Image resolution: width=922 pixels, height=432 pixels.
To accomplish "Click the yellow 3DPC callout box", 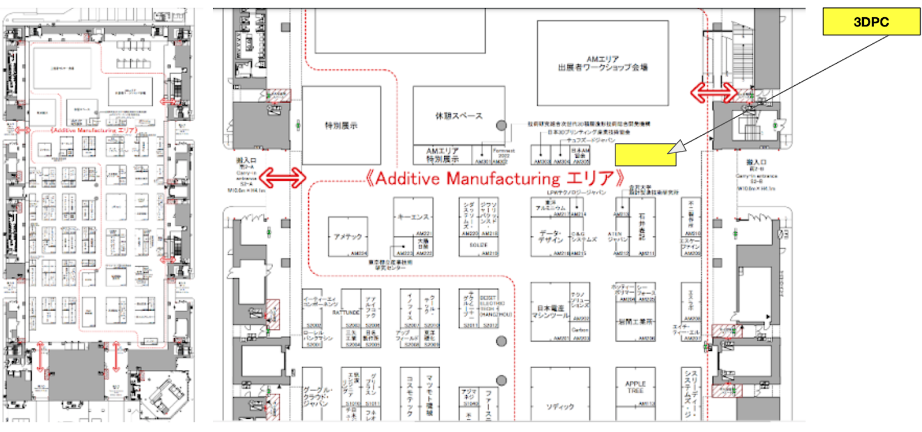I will (x=871, y=22).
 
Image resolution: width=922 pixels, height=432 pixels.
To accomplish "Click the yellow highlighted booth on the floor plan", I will (x=645, y=154).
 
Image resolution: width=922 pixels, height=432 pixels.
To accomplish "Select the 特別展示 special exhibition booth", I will (x=341, y=126).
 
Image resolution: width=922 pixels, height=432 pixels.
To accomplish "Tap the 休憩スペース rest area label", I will (x=459, y=116).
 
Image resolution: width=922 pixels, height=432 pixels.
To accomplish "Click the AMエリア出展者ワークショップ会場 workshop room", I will (x=602, y=63).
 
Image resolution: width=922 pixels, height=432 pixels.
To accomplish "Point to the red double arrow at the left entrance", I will (x=282, y=177).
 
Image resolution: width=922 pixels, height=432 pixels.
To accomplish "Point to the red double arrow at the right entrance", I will (x=713, y=92).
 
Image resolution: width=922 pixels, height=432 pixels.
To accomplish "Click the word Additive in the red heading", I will (x=407, y=179).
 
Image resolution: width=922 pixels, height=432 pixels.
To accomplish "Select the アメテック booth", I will (x=347, y=237).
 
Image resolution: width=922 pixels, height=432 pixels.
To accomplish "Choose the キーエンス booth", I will (x=413, y=217).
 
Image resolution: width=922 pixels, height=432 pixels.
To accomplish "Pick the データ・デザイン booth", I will (x=550, y=237).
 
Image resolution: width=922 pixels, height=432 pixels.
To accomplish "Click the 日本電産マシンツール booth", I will (x=550, y=312).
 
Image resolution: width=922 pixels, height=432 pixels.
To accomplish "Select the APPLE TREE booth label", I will (x=635, y=387).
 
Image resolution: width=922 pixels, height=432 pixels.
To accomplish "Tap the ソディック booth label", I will (x=560, y=407).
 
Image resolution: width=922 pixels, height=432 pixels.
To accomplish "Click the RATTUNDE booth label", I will (x=346, y=312).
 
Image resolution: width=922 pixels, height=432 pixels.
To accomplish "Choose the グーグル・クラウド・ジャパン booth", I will (x=315, y=397).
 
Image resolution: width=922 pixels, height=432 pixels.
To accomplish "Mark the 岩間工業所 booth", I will (x=635, y=321).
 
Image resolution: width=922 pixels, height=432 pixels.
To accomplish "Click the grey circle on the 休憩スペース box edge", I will (x=501, y=125).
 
